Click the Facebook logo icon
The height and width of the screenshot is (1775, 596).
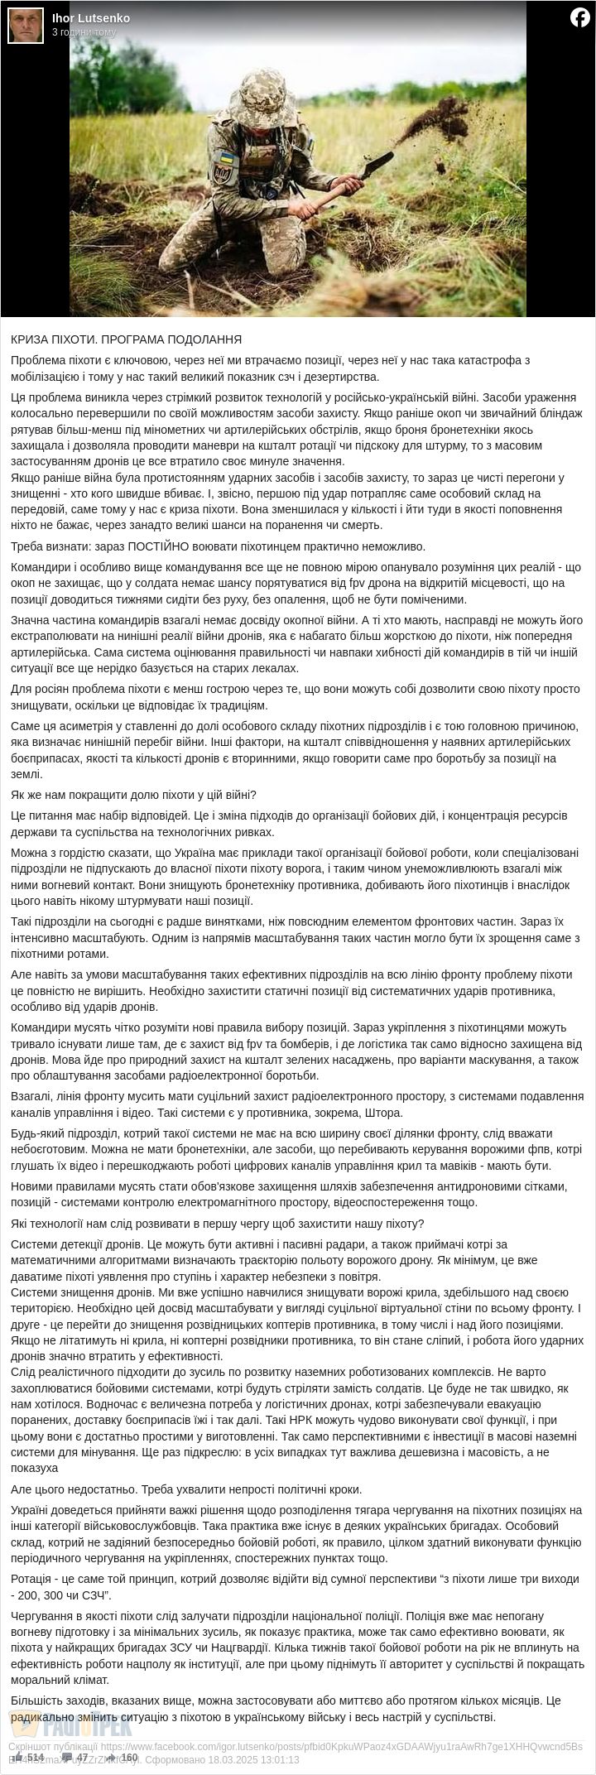(x=580, y=17)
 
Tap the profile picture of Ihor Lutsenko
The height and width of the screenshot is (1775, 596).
(x=26, y=26)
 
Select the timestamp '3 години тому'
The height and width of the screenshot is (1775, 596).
(x=84, y=32)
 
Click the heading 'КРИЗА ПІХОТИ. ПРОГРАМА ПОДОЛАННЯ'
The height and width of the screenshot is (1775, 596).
(x=126, y=339)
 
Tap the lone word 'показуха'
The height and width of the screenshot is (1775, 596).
(x=34, y=1468)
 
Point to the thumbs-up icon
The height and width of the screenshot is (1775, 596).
(x=17, y=1756)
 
